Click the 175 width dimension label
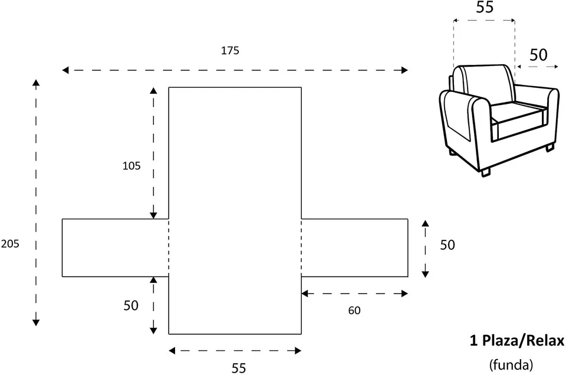pyautogui.click(x=230, y=51)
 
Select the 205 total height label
pyautogui.click(x=10, y=244)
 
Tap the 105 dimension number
pyautogui.click(x=131, y=166)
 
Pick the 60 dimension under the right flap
pyautogui.click(x=354, y=310)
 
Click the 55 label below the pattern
pyautogui.click(x=238, y=368)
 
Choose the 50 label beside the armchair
pyautogui.click(x=538, y=55)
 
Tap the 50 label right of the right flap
pyautogui.click(x=447, y=245)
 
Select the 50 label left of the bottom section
pyautogui.click(x=131, y=305)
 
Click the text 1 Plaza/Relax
pyautogui.click(x=516, y=340)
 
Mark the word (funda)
pyautogui.click(x=511, y=364)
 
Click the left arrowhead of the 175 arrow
pyautogui.click(x=65, y=70)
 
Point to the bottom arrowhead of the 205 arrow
pyautogui.click(x=36, y=322)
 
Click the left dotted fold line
pyautogui.click(x=169, y=248)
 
